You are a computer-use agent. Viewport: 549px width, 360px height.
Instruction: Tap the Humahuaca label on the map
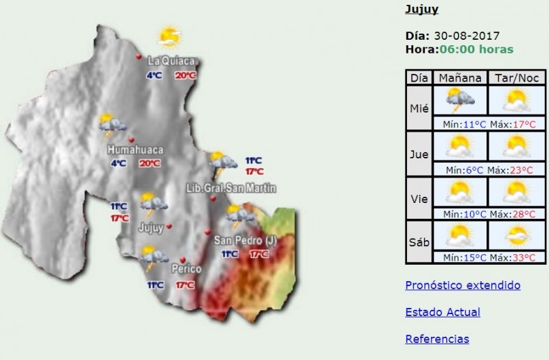[x=134, y=149]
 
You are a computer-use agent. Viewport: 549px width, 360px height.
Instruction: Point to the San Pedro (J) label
[x=246, y=240]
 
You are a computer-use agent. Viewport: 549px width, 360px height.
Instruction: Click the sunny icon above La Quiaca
[x=168, y=36]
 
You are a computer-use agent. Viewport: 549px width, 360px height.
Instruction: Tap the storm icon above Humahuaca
[x=111, y=125]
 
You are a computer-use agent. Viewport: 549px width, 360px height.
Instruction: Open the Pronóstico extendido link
[x=463, y=285]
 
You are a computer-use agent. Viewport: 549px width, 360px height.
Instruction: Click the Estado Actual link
[x=443, y=312]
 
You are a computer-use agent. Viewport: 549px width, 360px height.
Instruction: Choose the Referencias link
[x=437, y=339]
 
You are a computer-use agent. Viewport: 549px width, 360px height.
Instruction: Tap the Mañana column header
[x=459, y=77]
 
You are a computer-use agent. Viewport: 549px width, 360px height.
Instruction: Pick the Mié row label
[x=419, y=108]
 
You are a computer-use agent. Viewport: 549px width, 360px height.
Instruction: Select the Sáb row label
[x=419, y=242]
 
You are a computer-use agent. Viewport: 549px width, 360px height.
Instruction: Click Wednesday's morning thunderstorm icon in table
[x=459, y=101]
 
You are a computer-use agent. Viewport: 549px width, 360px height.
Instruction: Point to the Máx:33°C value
[x=513, y=258]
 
